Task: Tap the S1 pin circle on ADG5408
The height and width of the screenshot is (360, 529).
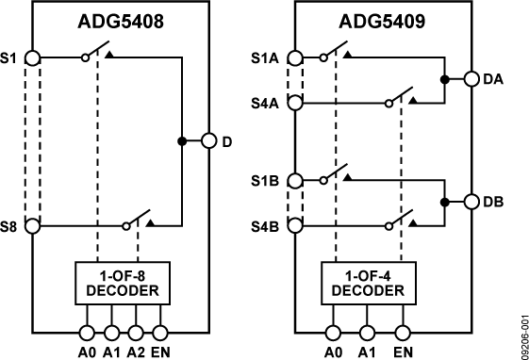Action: point(33,57)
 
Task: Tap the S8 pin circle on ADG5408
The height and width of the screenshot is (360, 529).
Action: point(33,226)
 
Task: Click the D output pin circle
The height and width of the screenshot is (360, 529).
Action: point(208,142)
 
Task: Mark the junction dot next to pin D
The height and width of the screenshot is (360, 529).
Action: point(181,142)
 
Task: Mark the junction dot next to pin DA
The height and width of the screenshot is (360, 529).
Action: point(444,80)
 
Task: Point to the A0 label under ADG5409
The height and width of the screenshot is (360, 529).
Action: point(332,352)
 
